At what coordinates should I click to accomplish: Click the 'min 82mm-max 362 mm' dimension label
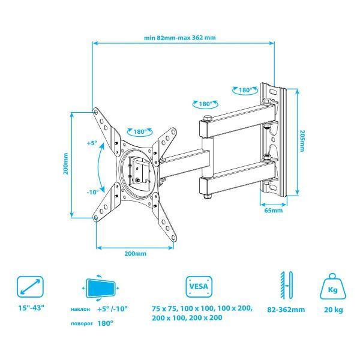[180, 37]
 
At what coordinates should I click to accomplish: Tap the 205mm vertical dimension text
[302, 141]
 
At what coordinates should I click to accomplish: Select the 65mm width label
[274, 211]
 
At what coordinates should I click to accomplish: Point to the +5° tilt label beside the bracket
[92, 143]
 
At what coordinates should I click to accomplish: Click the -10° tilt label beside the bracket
[92, 192]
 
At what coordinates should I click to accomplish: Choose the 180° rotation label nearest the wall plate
[245, 90]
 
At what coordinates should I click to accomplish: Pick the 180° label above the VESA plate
[140, 132]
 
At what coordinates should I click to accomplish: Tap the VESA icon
[199, 287]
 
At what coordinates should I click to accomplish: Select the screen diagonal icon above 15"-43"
[30, 287]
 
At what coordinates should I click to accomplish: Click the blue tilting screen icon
[101, 288]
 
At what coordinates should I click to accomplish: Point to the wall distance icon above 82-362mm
[286, 285]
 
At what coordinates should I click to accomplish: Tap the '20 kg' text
[333, 310]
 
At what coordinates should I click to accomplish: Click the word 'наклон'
[80, 309]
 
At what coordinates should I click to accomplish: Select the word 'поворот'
[82, 323]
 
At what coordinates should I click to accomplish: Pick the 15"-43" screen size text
[31, 308]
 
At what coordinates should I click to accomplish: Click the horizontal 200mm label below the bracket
[135, 253]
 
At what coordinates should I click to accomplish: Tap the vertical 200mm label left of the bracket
[66, 164]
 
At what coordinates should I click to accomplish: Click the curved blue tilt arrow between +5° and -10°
[99, 167]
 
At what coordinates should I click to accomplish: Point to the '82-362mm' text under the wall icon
[286, 310]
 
